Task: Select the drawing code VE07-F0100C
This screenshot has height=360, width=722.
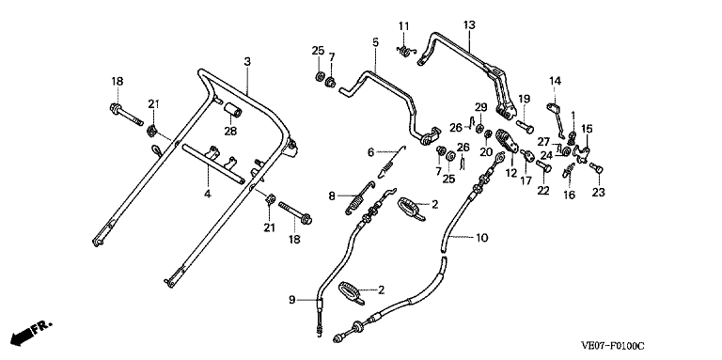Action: click(x=612, y=345)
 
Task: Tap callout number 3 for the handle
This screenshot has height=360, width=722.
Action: click(x=247, y=61)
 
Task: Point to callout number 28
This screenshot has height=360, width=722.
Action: click(x=230, y=132)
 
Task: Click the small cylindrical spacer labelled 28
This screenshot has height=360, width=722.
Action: click(x=233, y=113)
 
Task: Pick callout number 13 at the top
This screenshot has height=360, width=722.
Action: click(x=469, y=24)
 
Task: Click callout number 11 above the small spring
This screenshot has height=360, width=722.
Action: click(x=404, y=26)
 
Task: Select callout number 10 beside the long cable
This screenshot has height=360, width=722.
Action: click(x=481, y=238)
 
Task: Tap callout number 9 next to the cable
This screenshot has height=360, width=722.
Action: click(x=292, y=300)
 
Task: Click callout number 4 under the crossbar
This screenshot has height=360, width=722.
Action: click(x=208, y=195)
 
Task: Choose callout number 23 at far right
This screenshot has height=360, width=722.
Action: click(x=598, y=193)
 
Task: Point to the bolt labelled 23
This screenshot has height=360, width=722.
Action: click(x=596, y=168)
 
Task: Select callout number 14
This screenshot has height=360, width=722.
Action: click(x=556, y=82)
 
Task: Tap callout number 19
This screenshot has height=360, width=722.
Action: click(x=524, y=99)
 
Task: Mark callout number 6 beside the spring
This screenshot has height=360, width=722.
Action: click(x=371, y=151)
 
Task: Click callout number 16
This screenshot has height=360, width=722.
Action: click(x=569, y=195)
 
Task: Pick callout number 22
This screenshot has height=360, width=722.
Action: click(x=543, y=191)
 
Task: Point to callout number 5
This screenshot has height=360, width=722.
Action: click(x=375, y=42)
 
